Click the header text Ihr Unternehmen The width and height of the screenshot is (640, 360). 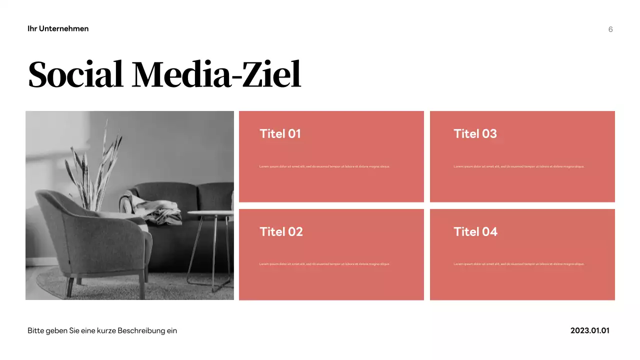58,28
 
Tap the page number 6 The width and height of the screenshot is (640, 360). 610,29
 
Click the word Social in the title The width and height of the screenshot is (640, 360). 75,74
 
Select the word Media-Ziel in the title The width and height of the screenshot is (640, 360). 216,74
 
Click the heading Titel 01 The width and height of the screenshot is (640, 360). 280,133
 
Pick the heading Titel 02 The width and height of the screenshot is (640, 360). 281,231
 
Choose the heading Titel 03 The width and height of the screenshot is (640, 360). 475,133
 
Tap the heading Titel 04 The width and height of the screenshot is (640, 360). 475,231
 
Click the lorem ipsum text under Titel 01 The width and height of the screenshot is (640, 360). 324,166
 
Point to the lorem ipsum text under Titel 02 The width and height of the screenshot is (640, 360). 324,264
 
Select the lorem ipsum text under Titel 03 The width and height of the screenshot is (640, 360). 518,166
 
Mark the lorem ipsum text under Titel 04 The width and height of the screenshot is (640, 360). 518,264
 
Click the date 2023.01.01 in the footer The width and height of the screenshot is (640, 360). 590,330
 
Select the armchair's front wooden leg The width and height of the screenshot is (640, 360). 70,287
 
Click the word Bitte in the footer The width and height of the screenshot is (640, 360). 35,330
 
